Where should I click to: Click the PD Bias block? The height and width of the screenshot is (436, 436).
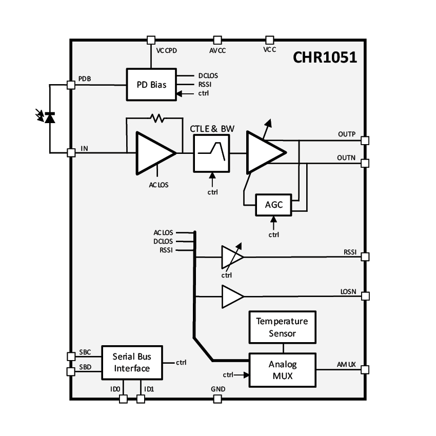[151, 85]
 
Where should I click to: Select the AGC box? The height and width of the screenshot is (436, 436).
[274, 205]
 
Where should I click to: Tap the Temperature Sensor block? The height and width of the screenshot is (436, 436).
[282, 327]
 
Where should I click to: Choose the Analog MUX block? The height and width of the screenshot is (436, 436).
[282, 370]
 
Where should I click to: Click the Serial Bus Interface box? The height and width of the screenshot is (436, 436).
[132, 363]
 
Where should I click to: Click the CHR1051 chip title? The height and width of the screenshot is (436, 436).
[325, 57]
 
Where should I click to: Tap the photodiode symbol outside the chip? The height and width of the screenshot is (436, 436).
[50, 117]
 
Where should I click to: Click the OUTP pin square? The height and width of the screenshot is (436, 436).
[365, 140]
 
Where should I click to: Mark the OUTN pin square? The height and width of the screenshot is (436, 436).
[365, 163]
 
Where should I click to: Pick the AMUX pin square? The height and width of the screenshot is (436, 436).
[365, 369]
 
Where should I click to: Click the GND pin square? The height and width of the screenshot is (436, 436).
[217, 399]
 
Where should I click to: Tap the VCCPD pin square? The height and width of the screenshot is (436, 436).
[151, 39]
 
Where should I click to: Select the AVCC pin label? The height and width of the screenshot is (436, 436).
[217, 50]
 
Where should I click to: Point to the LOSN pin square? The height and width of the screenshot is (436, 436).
[365, 296]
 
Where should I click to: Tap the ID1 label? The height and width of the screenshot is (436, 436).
[149, 389]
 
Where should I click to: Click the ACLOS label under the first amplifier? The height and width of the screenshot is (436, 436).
[158, 185]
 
